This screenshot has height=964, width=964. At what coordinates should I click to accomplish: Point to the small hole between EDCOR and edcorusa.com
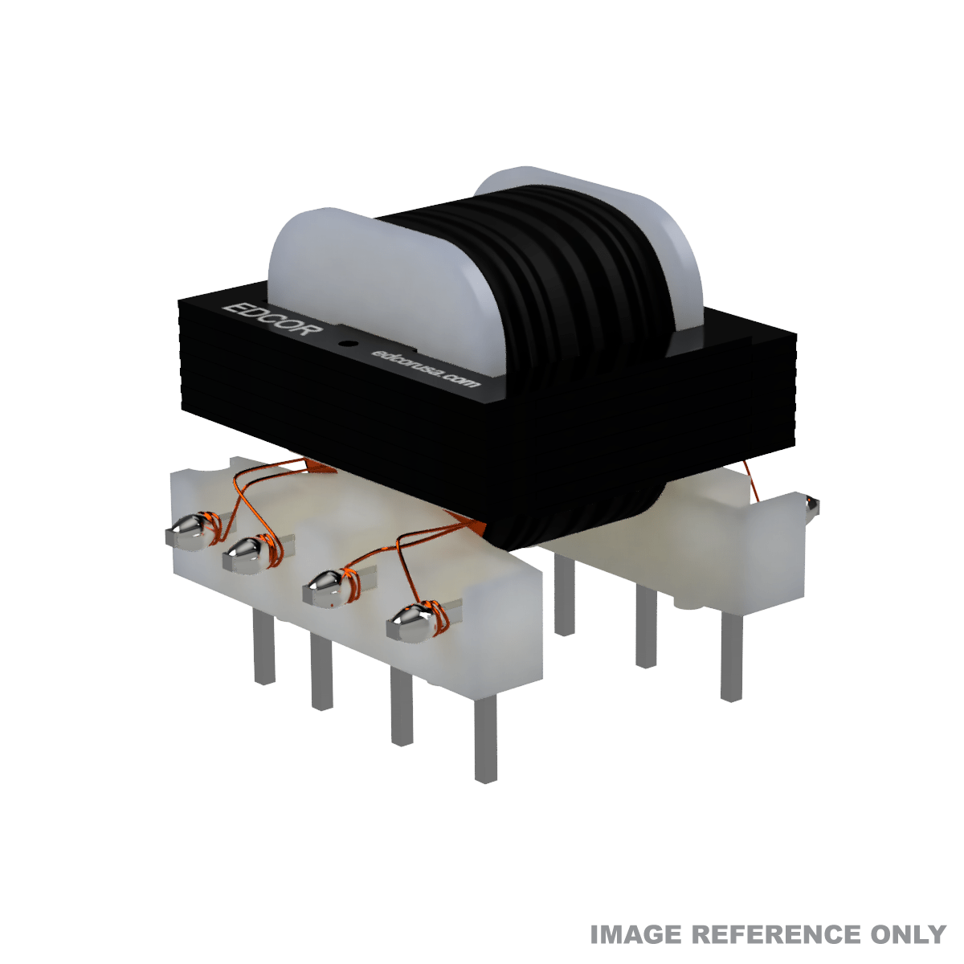[346, 344]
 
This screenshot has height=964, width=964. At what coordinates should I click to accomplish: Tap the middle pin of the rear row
[646, 627]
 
